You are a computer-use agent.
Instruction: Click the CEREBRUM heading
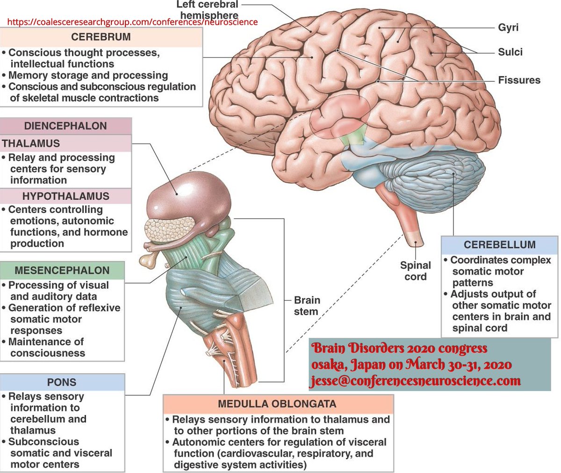(101, 37)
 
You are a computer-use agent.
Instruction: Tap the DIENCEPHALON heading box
(65, 126)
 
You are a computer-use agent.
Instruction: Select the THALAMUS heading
(31, 144)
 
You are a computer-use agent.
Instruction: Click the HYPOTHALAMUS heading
(65, 196)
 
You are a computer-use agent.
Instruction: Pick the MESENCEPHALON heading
(62, 270)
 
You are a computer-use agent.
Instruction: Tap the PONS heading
(62, 382)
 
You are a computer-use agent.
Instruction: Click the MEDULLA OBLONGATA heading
(277, 404)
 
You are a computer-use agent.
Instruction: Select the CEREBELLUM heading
(499, 245)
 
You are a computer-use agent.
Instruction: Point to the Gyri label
(508, 28)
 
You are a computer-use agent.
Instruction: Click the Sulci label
(510, 52)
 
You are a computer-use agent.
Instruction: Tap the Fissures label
(519, 80)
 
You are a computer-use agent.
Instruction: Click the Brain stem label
(307, 306)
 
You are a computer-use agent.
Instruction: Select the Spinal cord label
(415, 271)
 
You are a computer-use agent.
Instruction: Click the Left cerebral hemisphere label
(208, 10)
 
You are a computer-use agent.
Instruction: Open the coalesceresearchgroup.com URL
(132, 22)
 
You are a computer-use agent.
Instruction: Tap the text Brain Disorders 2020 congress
(399, 349)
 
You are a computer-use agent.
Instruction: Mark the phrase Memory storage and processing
(88, 75)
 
